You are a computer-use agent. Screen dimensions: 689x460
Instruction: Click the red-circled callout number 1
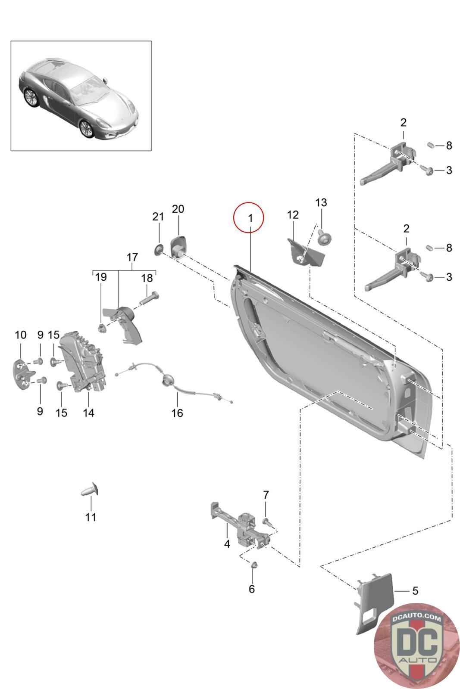(x=250, y=218)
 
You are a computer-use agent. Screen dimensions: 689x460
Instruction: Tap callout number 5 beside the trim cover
(x=415, y=590)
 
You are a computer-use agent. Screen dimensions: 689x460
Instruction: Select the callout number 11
(x=91, y=517)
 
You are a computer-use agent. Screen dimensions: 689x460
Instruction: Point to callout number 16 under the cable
(x=177, y=413)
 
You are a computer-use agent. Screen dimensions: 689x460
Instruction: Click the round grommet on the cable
(x=167, y=380)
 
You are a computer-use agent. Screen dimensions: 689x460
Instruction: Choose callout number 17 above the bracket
(x=132, y=257)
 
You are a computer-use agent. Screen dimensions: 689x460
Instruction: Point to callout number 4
(x=227, y=544)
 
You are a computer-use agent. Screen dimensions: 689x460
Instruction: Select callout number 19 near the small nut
(x=101, y=277)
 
